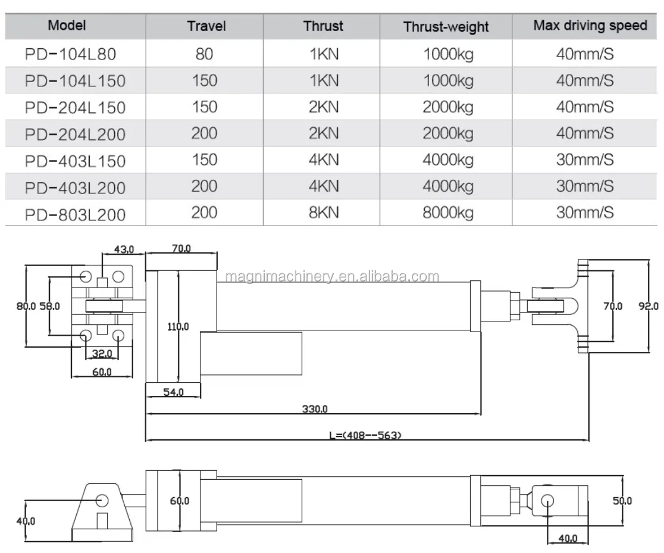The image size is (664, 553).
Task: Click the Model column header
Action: tap(67, 25)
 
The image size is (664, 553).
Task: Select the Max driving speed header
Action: tap(590, 25)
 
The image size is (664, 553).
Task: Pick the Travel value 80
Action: tap(204, 55)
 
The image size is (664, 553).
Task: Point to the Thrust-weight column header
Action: tap(446, 26)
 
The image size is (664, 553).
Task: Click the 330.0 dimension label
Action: tap(315, 409)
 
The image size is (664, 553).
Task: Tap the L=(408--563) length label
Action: tap(365, 435)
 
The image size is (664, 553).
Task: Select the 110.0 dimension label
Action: tap(178, 326)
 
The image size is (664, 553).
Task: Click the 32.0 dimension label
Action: tap(102, 354)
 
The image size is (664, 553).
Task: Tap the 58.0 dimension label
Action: tap(49, 306)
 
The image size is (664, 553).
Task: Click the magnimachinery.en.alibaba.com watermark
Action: tap(333, 276)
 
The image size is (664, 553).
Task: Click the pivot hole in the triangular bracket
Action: tap(102, 499)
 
